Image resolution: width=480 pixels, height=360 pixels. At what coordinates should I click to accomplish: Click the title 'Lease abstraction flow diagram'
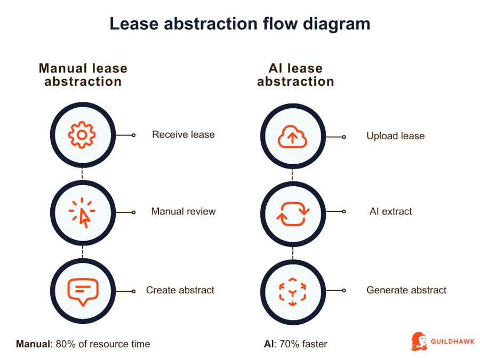pos(239,24)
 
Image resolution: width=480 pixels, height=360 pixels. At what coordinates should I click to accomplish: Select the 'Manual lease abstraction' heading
pos(83,75)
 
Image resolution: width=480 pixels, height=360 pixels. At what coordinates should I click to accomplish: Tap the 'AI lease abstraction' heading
pos(295,75)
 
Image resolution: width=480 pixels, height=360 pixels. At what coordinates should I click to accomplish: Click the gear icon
pos(82,135)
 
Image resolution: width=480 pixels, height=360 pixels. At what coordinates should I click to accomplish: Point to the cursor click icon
pos(82,213)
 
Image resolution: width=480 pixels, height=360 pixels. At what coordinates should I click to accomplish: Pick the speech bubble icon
pos(82,291)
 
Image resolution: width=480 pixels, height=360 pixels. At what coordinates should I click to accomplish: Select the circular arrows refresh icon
pos(292,213)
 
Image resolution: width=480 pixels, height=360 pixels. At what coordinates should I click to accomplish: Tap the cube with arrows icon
pos(292,291)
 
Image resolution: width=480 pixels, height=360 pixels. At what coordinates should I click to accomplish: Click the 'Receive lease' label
pos(183,134)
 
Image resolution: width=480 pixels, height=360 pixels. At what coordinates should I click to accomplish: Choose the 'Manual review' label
pos(183,212)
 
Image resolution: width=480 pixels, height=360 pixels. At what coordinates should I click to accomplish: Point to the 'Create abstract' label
pos(180,291)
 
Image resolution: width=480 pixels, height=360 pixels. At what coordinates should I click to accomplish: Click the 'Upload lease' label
pos(395,136)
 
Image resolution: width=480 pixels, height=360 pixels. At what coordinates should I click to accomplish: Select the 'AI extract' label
pos(391,212)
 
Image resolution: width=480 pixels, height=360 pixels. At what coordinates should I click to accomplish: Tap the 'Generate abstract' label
pos(406,291)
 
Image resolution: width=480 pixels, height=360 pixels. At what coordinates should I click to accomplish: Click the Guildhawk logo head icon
pos(419,341)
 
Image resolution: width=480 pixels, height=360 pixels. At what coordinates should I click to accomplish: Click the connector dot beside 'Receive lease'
pos(133,135)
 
